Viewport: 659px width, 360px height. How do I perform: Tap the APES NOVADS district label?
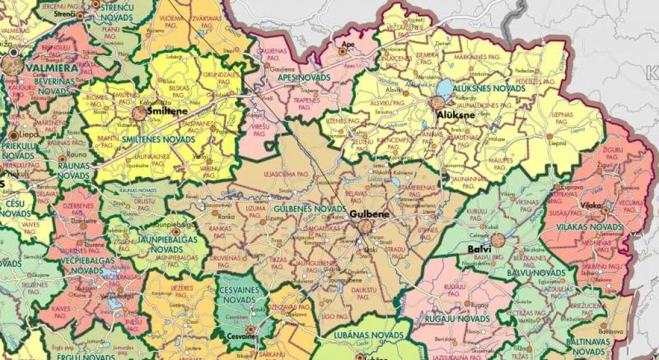[x=304, y=77]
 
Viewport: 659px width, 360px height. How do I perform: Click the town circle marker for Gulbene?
[x=366, y=226]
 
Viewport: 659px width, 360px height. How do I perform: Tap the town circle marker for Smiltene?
[x=139, y=114]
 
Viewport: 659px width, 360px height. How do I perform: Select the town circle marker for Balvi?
[x=497, y=240]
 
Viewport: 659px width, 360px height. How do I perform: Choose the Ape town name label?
[x=348, y=44]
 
